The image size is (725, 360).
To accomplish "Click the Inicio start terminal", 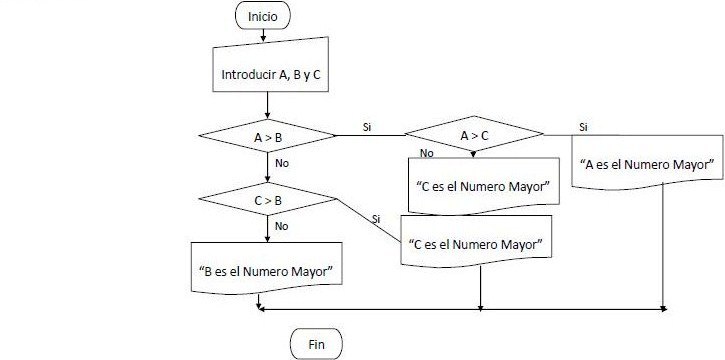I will tap(263, 16).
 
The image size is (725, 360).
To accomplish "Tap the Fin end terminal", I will tap(315, 343).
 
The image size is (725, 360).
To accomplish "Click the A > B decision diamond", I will tap(268, 135).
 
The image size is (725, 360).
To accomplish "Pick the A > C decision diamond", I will tap(474, 135).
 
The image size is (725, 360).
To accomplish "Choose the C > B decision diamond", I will tap(268, 201).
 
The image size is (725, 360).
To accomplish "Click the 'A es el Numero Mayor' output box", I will tap(647, 164).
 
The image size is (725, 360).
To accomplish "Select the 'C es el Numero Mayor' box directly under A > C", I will tap(481, 185).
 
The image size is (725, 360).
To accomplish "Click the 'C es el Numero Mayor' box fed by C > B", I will tap(476, 243).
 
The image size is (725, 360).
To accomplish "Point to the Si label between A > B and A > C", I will tap(367, 127).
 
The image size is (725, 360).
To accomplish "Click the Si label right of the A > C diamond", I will tap(583, 127).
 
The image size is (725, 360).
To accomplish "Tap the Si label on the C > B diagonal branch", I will tap(375, 218).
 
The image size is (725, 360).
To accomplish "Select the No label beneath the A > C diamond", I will tap(427, 153).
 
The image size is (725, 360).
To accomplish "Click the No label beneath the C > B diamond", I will tap(281, 226).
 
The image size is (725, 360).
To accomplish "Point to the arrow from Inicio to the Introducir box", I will tap(263, 35).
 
